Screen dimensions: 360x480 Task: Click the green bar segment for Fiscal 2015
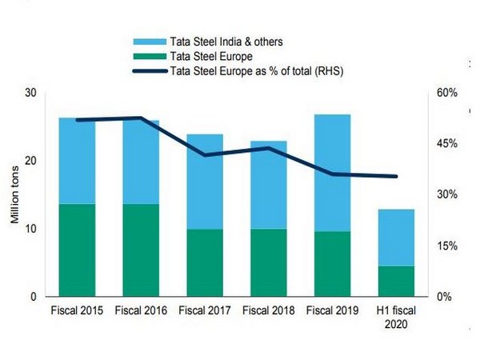77,250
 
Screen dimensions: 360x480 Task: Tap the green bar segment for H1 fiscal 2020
395,281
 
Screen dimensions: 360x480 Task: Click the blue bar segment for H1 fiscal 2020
395,237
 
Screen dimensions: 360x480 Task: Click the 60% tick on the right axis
446,93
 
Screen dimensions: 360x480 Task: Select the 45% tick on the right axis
446,144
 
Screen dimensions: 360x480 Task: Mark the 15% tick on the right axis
446,246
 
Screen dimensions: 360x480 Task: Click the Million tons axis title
14,194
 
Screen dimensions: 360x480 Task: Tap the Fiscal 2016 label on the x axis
141,311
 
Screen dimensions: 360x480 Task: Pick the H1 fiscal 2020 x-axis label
395,318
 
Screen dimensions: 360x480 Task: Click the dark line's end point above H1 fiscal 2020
395,177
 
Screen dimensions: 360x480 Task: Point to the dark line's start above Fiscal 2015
77,120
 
